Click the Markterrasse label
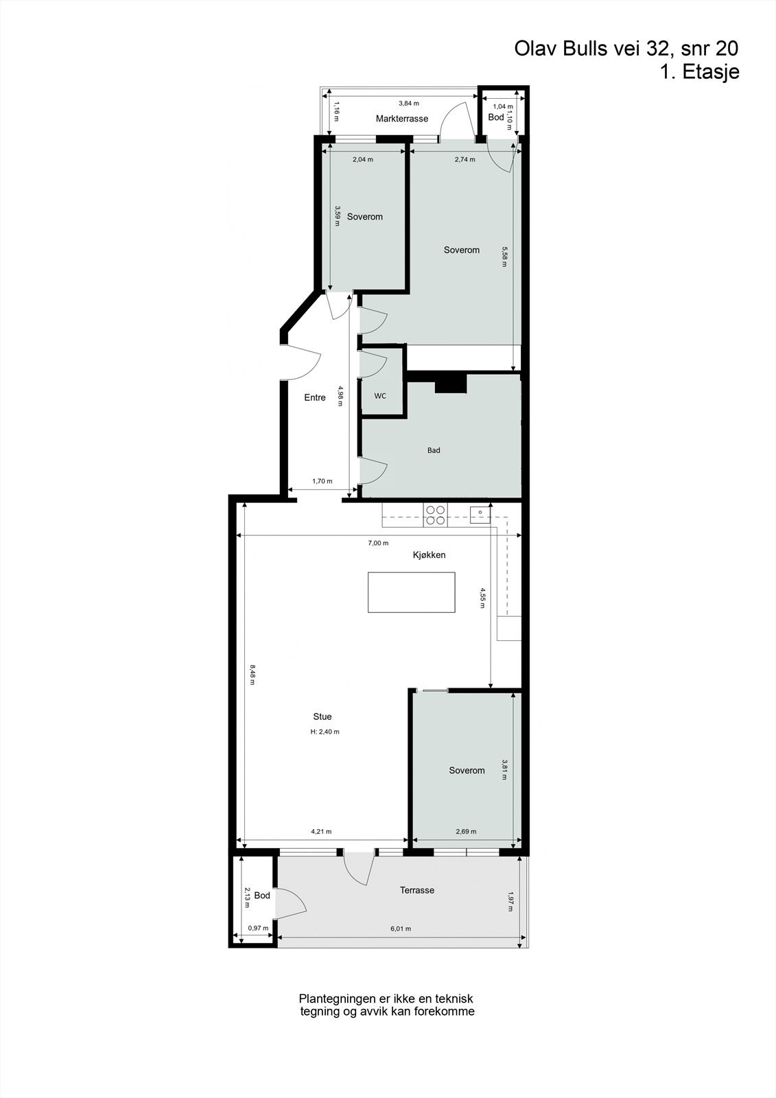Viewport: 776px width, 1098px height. [x=401, y=119]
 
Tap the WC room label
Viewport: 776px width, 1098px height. [x=380, y=396]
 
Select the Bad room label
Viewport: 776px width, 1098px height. [x=434, y=451]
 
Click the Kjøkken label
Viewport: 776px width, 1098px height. [x=430, y=554]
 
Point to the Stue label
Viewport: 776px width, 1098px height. [x=322, y=716]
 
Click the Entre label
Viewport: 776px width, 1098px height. [x=315, y=397]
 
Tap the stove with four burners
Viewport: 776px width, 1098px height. [x=435, y=515]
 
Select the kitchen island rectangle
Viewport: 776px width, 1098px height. [x=412, y=592]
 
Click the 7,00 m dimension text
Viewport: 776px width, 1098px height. [x=378, y=543]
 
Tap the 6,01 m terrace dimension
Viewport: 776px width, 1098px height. [x=401, y=929]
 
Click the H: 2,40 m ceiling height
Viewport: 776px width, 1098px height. [x=325, y=732]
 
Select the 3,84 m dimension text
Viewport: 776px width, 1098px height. [x=409, y=104]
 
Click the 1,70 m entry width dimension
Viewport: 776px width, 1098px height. [x=322, y=481]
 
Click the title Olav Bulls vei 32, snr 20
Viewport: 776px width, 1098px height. [x=626, y=49]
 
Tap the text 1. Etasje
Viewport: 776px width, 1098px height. [x=699, y=72]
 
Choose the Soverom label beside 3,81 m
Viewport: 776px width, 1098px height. [x=467, y=771]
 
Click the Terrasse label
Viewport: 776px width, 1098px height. [x=417, y=890]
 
